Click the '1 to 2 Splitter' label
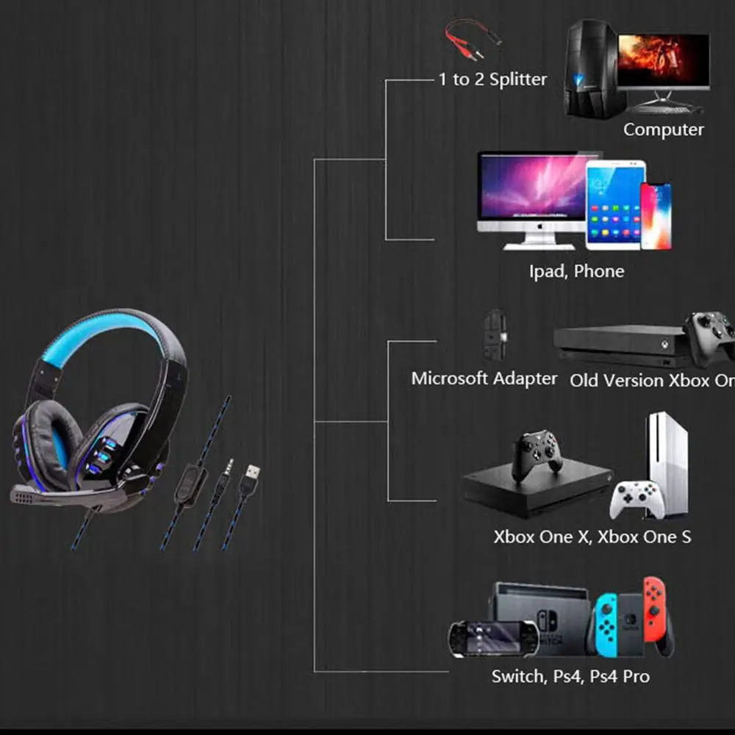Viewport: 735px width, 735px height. tap(492, 79)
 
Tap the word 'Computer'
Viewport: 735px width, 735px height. tap(663, 129)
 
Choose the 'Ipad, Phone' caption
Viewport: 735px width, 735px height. tap(576, 271)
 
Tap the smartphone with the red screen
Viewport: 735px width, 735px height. tap(655, 216)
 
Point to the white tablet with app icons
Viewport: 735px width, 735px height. tap(615, 204)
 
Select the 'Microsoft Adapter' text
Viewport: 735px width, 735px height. tap(484, 379)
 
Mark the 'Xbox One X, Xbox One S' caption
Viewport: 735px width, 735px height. tap(592, 537)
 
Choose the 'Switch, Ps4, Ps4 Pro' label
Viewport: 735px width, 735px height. tap(570, 675)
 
